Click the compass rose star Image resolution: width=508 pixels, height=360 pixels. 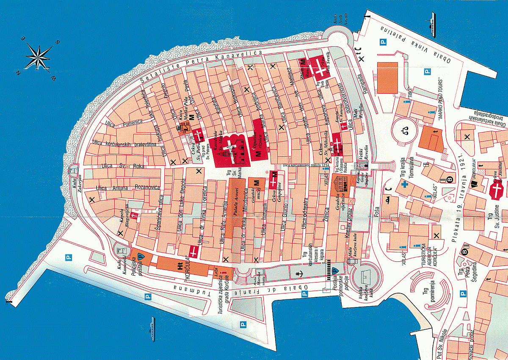39,57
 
